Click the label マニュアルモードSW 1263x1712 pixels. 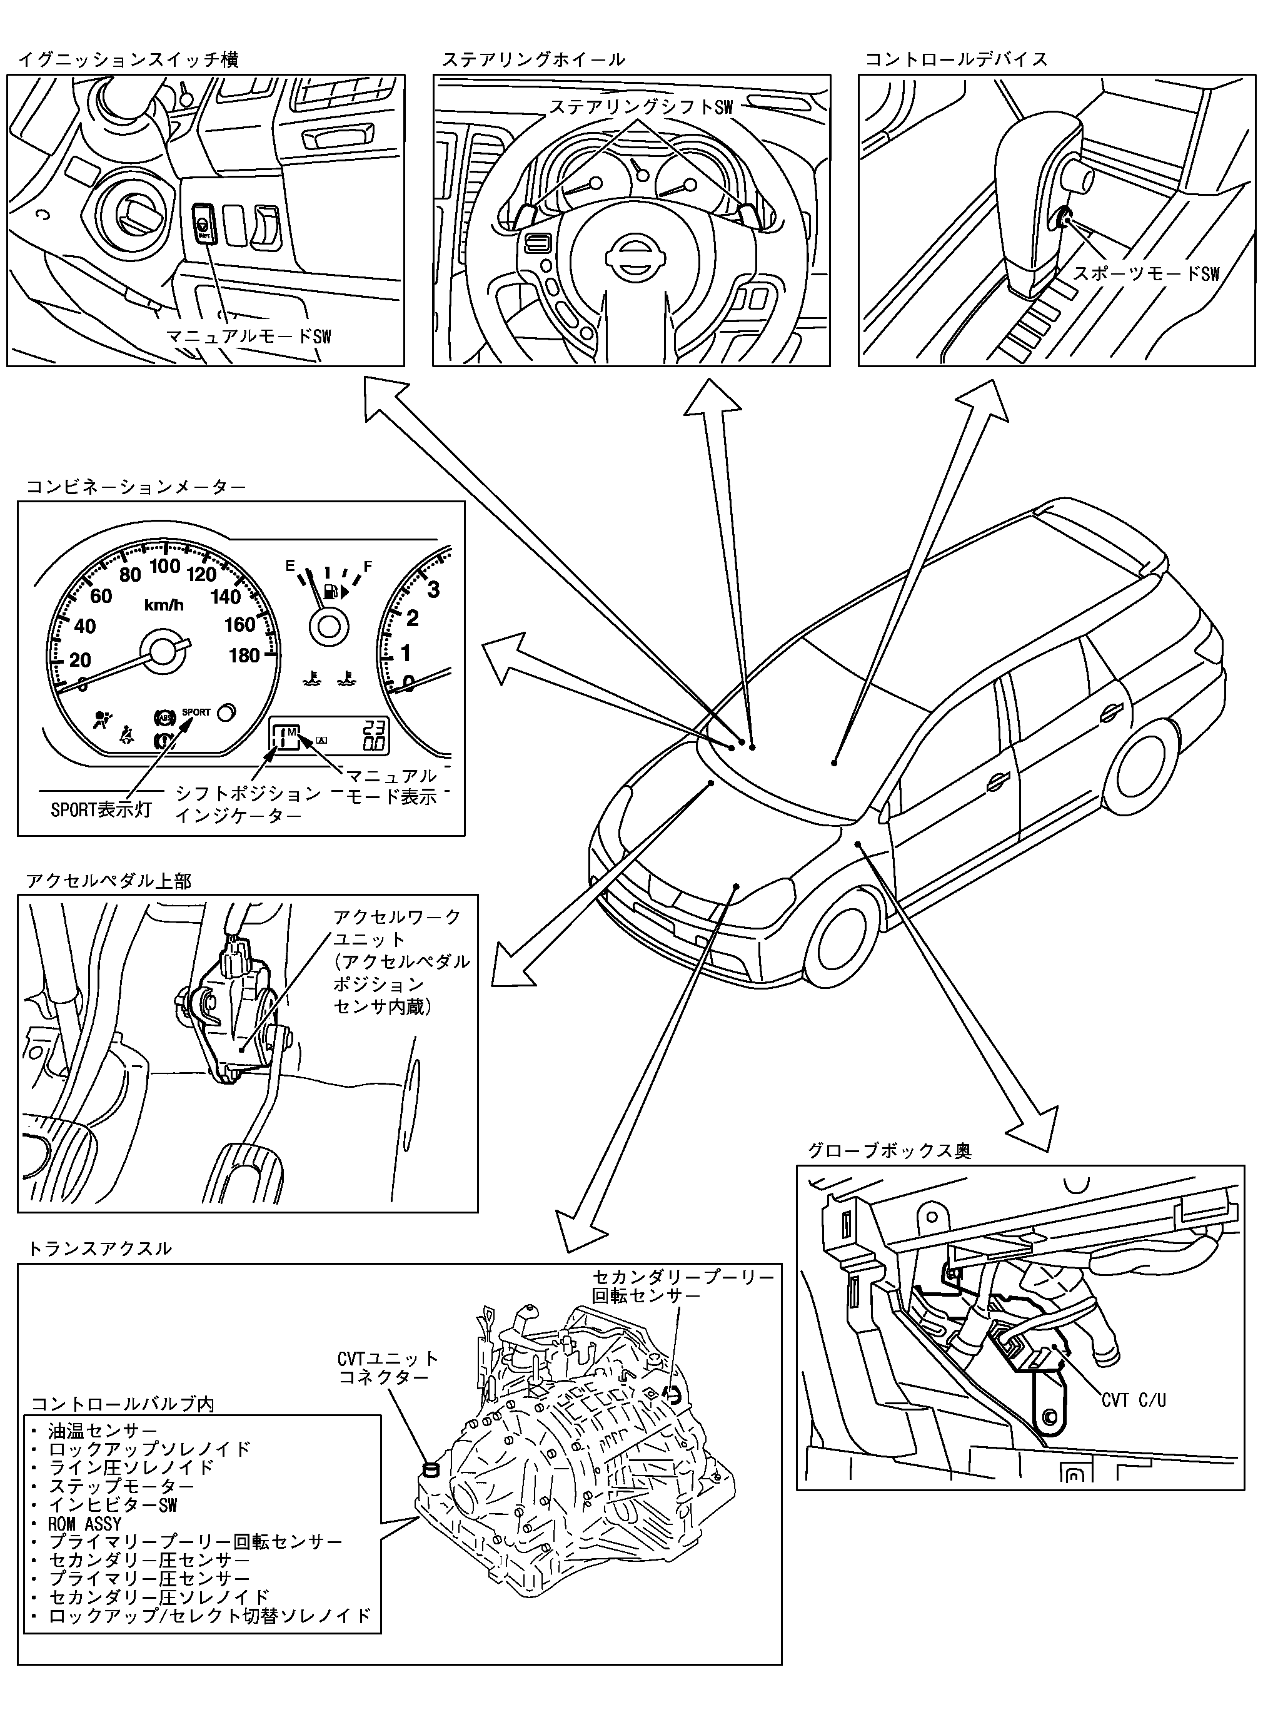249,337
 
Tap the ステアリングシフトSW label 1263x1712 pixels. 641,108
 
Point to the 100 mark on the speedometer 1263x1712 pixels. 164,567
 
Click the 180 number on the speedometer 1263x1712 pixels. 244,656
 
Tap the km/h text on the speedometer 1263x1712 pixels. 164,605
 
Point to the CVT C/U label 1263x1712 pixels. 1133,1400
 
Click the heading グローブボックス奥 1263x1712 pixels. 889,1151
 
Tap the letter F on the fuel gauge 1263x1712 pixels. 368,567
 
